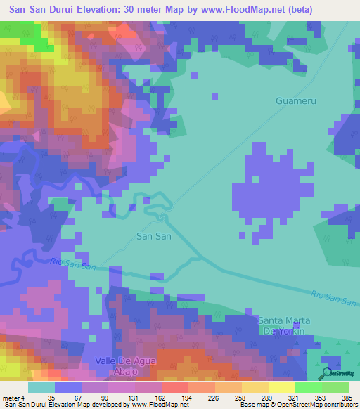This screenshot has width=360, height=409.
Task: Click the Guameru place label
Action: pyautogui.click(x=295, y=101)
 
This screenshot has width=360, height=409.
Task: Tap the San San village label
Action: pyautogui.click(x=153, y=237)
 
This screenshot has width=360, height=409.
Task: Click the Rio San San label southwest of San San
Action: pyautogui.click(x=72, y=264)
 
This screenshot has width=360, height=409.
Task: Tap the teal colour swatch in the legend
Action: pyautogui.click(x=41, y=387)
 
